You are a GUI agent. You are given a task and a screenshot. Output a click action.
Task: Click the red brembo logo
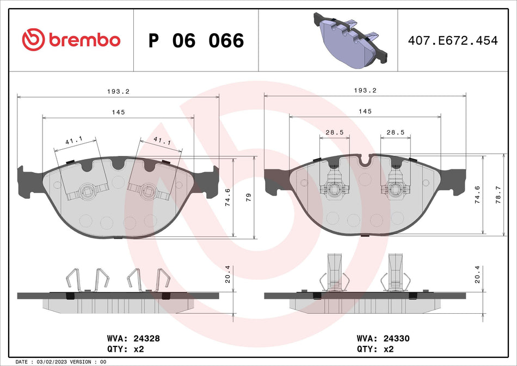71,40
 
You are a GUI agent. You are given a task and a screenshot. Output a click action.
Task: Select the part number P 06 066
196,41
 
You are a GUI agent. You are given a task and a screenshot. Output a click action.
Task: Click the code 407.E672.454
453,41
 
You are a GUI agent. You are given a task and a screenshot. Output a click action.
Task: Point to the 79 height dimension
249,197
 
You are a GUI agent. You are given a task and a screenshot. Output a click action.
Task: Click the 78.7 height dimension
497,194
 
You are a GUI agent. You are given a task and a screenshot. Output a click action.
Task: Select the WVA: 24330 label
382,338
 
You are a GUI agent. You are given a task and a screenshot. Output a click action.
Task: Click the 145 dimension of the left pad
119,112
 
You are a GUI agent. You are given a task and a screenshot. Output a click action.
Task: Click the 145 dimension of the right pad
365,111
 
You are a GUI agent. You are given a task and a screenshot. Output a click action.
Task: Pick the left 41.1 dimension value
73,141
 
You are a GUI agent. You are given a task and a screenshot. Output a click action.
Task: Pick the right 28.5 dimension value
395,132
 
